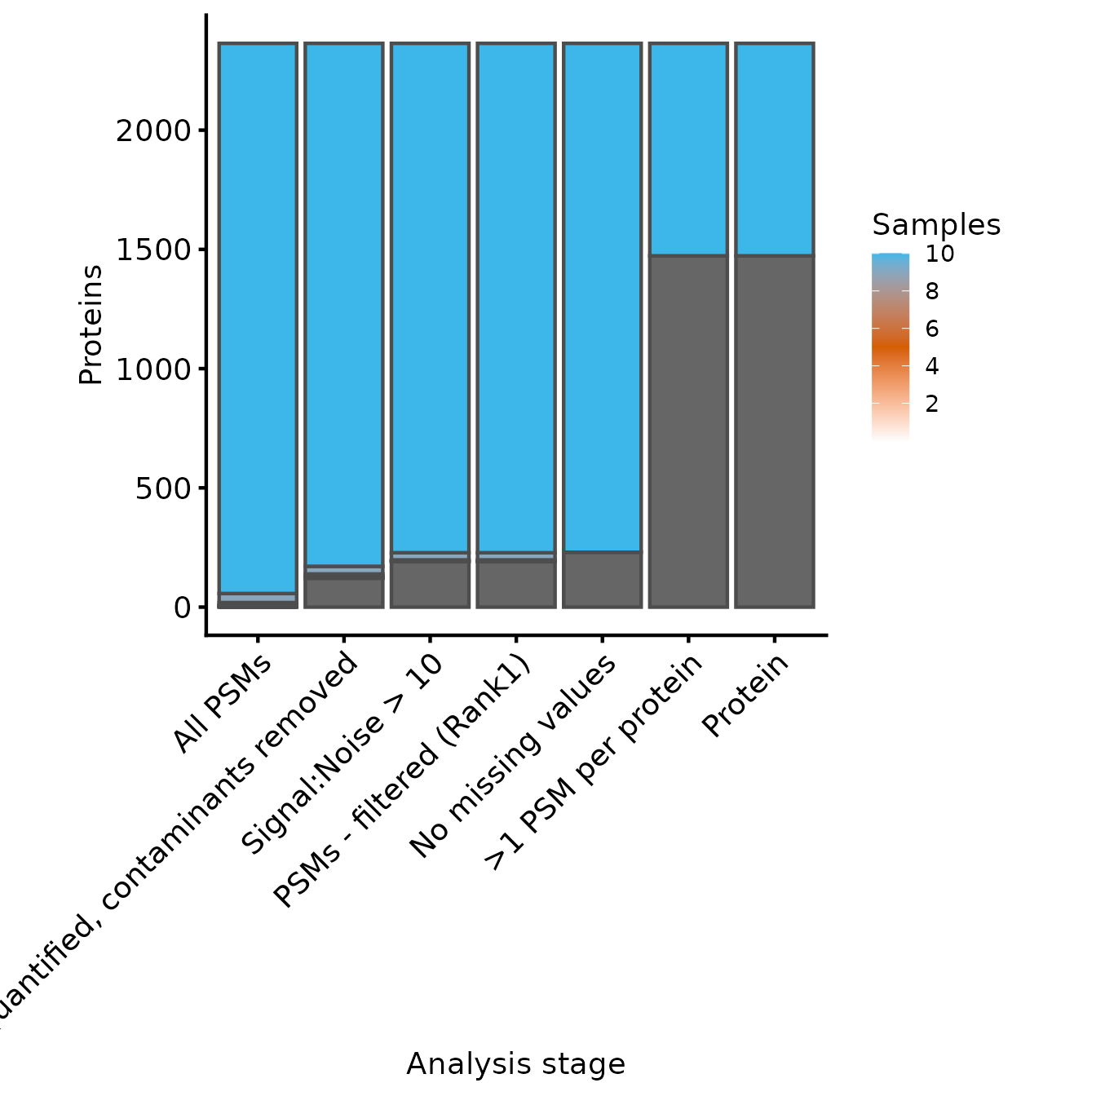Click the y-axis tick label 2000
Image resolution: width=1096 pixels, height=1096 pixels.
click(152, 130)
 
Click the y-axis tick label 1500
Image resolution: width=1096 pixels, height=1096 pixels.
click(152, 250)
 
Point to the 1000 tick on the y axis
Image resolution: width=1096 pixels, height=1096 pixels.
click(152, 369)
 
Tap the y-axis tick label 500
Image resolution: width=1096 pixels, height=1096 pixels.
click(162, 488)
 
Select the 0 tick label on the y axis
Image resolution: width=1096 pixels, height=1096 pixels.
click(182, 608)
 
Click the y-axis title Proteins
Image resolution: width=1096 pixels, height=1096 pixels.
click(91, 325)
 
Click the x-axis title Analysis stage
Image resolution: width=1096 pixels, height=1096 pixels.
click(515, 1064)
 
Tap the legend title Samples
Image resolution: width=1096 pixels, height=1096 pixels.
click(935, 224)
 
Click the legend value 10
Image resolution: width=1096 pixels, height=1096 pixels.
click(939, 254)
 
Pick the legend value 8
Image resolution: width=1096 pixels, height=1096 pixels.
click(932, 291)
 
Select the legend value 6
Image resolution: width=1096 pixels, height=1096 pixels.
click(932, 329)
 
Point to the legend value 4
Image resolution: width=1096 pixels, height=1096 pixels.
click(932, 366)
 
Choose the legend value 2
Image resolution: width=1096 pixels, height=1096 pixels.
click(932, 404)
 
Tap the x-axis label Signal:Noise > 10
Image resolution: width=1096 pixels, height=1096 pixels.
click(342, 754)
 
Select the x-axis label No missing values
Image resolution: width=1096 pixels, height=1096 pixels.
click(513, 756)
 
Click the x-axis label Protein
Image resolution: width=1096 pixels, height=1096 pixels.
click(745, 695)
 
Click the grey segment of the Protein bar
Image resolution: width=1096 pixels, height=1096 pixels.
click(775, 431)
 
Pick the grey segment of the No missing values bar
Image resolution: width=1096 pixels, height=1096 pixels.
click(602, 580)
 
